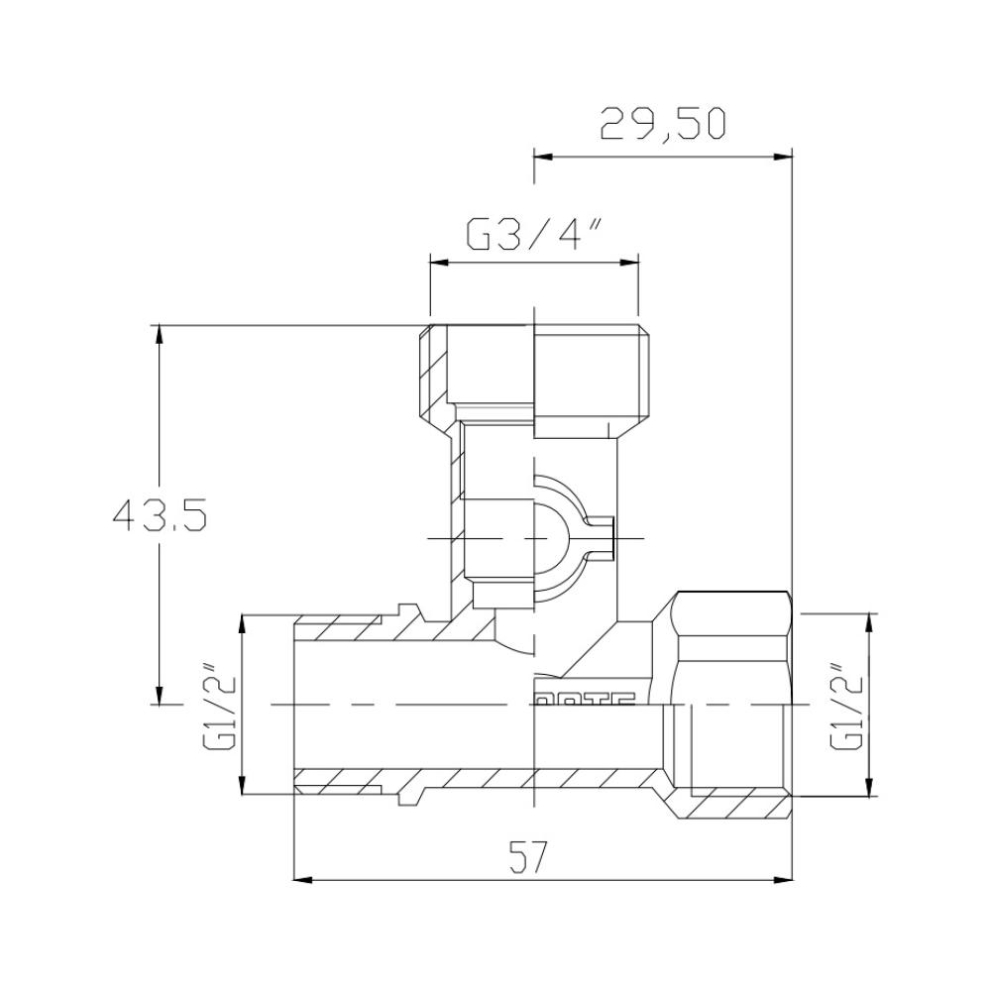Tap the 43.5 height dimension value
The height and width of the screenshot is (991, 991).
(159, 515)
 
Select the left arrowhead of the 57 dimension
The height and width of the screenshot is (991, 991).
(301, 878)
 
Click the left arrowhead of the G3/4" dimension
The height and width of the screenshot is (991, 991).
(437, 262)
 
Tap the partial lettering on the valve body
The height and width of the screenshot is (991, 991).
(585, 698)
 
